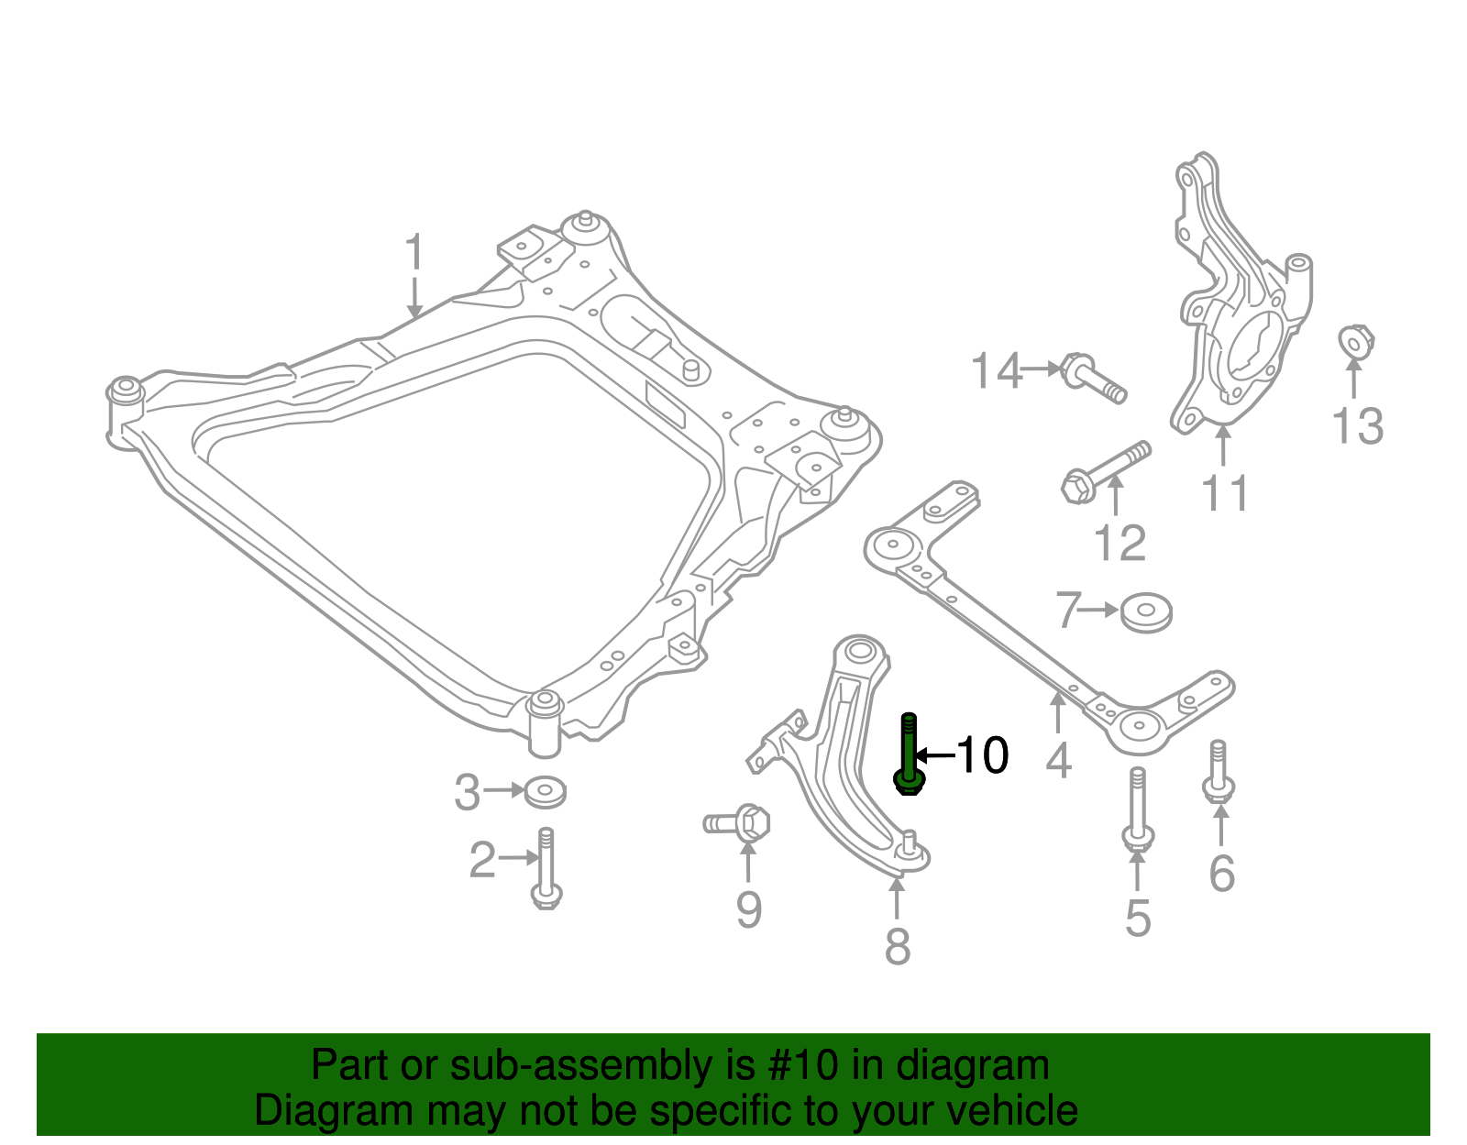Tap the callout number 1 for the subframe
(414, 252)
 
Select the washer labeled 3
(545, 791)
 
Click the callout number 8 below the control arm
(898, 946)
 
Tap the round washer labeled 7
(1146, 611)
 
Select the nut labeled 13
(1354, 342)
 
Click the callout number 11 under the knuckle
(1225, 493)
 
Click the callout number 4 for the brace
(1058, 760)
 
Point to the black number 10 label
(982, 755)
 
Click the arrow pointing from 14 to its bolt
(1042, 369)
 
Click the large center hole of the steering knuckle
(1252, 347)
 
